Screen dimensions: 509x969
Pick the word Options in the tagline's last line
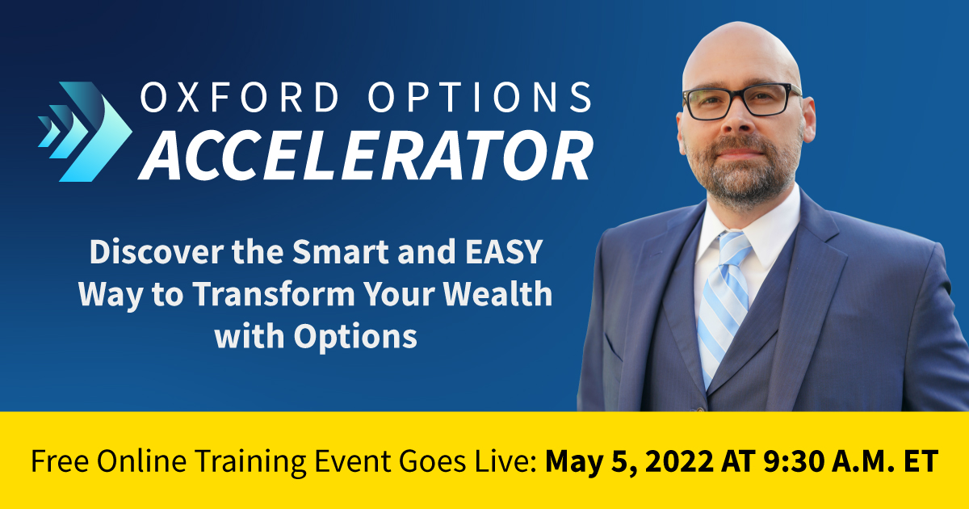click(x=355, y=336)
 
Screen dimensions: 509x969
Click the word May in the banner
click(x=572, y=463)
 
